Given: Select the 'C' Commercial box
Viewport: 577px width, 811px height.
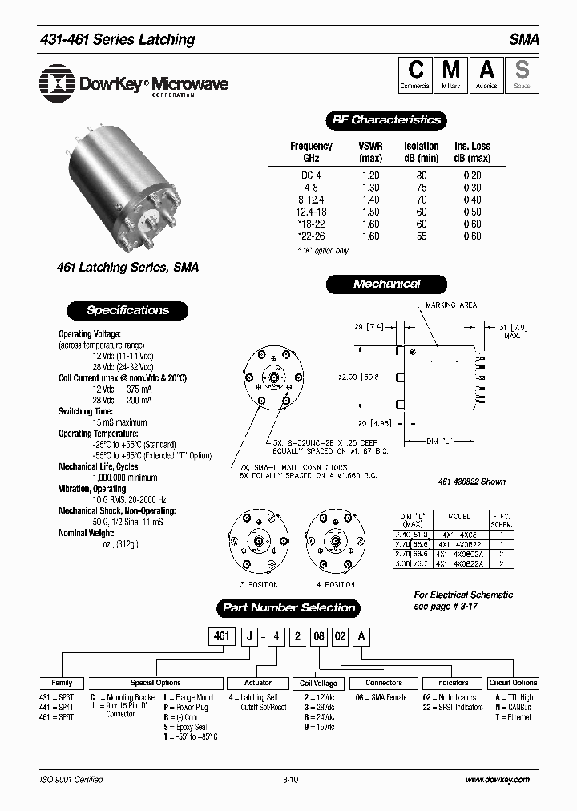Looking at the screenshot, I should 415,75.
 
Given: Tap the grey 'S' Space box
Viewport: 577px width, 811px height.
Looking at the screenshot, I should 522,75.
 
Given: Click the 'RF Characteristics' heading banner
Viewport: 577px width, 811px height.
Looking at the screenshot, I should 386,120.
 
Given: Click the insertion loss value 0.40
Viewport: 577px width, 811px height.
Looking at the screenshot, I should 472,200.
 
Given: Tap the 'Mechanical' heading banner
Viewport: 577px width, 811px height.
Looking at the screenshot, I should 386,284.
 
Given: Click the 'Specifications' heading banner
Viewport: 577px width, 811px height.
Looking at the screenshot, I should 127,310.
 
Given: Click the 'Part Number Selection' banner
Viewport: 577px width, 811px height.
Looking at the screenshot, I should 288,608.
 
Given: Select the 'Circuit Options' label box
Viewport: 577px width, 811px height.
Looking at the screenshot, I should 513,684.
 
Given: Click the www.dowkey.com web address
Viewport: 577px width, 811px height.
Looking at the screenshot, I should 497,780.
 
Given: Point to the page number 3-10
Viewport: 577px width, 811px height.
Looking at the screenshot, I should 290,780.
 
